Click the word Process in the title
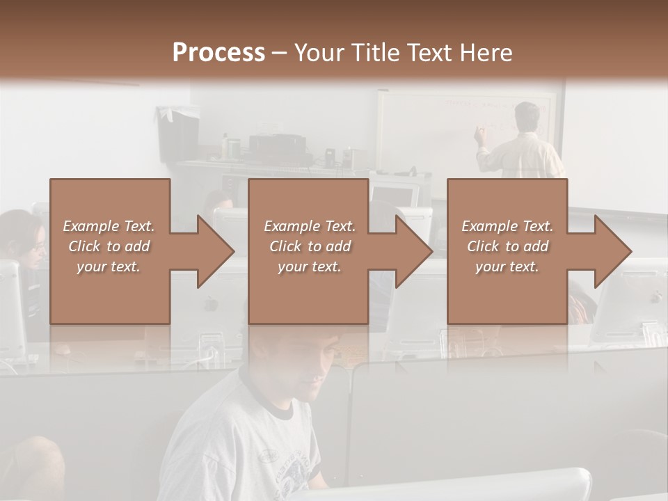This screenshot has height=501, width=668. coord(218,53)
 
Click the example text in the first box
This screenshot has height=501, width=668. coord(109,246)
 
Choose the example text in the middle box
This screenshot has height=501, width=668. coord(309,246)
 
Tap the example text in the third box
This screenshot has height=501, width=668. coord(507,246)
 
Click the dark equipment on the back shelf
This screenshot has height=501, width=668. coord(277,147)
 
